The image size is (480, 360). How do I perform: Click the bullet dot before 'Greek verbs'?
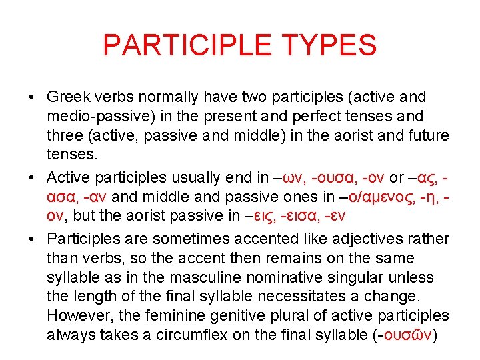[x=32, y=98]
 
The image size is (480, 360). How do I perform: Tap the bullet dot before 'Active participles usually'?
[x=32, y=178]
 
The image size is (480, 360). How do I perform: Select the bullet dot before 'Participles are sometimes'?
[x=32, y=239]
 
